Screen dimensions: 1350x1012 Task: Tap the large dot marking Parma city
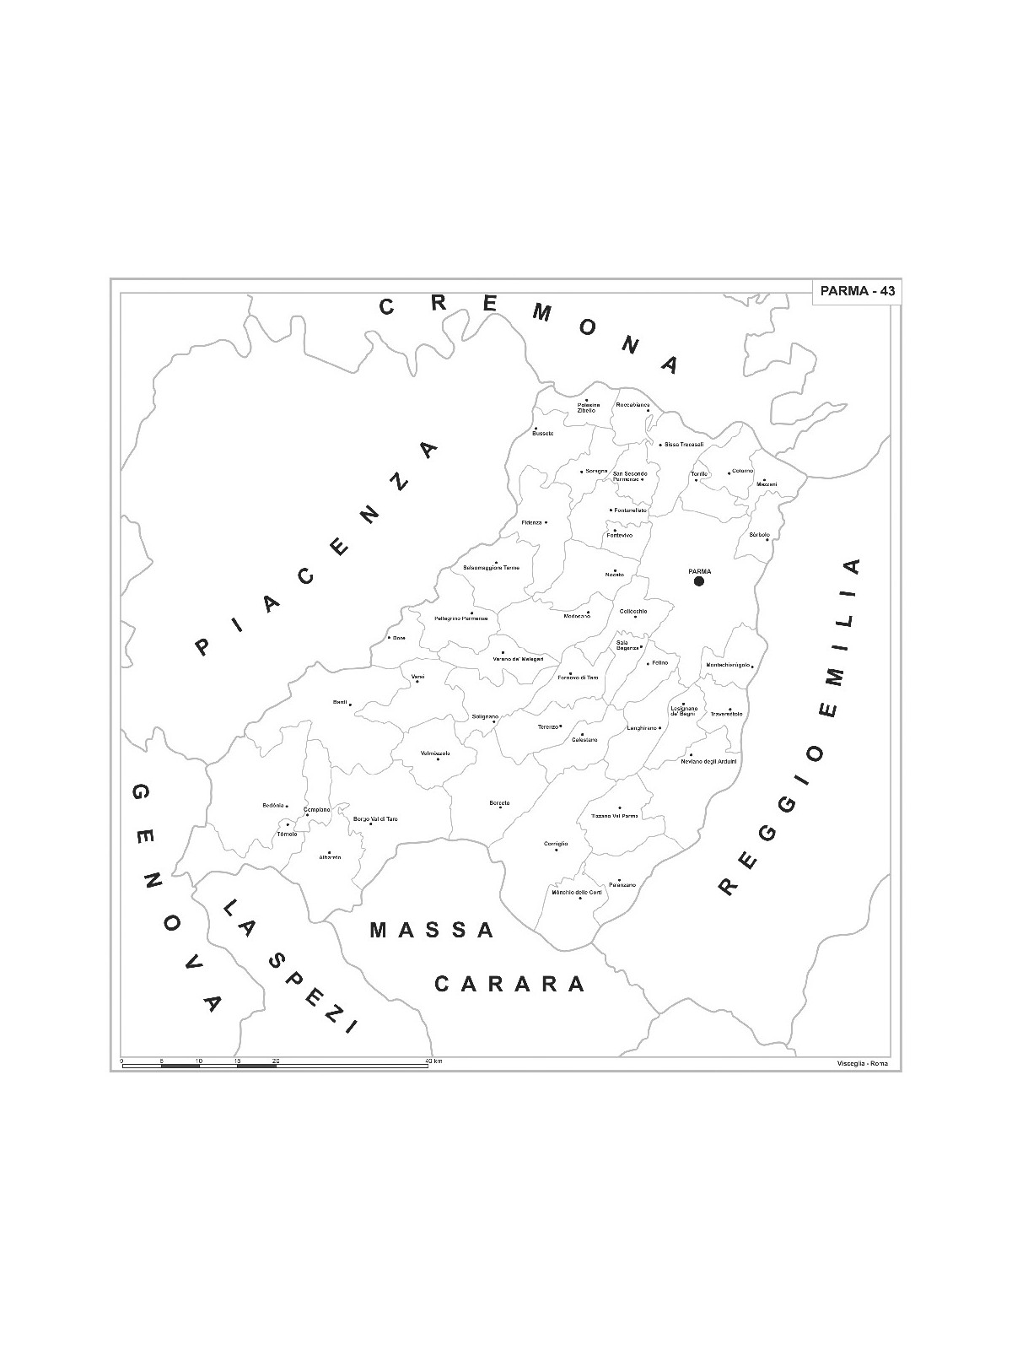tap(698, 581)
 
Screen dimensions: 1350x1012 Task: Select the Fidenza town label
tap(531, 522)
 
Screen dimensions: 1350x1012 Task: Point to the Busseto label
tap(543, 433)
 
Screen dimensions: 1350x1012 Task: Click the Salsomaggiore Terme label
tap(492, 568)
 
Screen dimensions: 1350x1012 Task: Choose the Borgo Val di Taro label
tap(375, 819)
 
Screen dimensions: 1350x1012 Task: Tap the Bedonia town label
tap(273, 806)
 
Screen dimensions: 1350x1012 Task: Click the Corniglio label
tap(556, 844)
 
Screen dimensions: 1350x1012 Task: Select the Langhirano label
tap(641, 727)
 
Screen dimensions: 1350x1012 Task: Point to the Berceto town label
tap(499, 802)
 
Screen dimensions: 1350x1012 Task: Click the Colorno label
tap(742, 471)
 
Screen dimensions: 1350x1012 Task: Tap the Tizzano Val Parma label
tap(614, 816)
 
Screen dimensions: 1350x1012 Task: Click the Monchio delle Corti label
tap(577, 892)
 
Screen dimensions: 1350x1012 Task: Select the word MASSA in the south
tap(432, 931)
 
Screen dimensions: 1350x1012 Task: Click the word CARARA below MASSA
tap(509, 984)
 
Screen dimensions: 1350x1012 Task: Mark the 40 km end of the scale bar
tap(428, 1066)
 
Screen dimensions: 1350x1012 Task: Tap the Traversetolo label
tap(726, 715)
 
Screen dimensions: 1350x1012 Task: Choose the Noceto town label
tap(614, 575)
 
